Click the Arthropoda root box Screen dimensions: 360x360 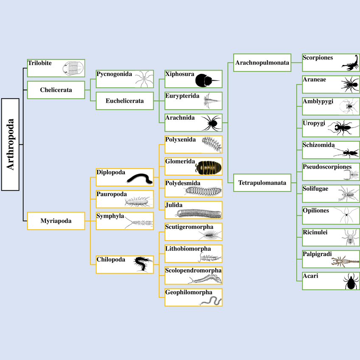[x=10, y=144]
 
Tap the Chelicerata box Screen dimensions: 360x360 [x=56, y=90]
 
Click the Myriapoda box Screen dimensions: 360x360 [x=56, y=221]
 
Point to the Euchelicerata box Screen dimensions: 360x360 [x=124, y=101]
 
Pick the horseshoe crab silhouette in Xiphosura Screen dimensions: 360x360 [x=207, y=80]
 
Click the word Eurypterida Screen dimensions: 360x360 [x=182, y=96]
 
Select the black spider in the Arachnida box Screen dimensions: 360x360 [x=211, y=123]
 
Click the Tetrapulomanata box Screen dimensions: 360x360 [x=262, y=183]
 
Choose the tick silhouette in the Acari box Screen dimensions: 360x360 [x=351, y=281]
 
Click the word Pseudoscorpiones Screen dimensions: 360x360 [x=327, y=166]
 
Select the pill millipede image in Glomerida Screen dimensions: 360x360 [x=208, y=166]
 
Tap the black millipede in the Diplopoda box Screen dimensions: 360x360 [x=141, y=178]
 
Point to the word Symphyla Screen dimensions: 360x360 [x=110, y=216]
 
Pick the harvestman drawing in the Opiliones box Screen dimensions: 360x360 [x=347, y=216]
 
